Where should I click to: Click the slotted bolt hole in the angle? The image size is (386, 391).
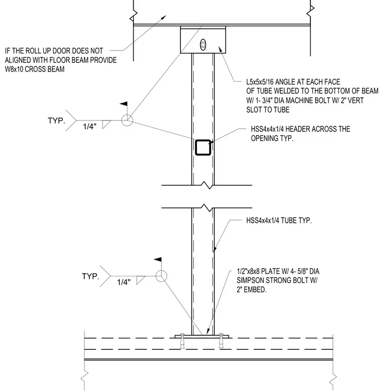[203, 45]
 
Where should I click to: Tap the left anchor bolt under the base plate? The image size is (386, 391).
[182, 341]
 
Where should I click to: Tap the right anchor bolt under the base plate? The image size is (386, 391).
[221, 341]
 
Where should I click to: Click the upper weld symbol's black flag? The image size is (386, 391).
[124, 104]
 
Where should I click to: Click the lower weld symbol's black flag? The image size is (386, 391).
[158, 260]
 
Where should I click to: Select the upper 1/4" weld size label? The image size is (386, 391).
[89, 127]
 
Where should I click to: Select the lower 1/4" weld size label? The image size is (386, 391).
[124, 282]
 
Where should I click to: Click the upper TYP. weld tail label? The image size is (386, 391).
[57, 121]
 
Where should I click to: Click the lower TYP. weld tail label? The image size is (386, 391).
[90, 276]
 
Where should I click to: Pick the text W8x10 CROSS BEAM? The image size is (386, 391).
[34, 69]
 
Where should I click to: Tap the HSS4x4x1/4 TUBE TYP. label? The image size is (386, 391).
[279, 220]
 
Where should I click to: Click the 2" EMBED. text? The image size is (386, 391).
[251, 290]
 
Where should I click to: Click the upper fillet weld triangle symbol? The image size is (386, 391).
[105, 124]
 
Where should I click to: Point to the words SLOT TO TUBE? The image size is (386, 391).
[268, 110]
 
